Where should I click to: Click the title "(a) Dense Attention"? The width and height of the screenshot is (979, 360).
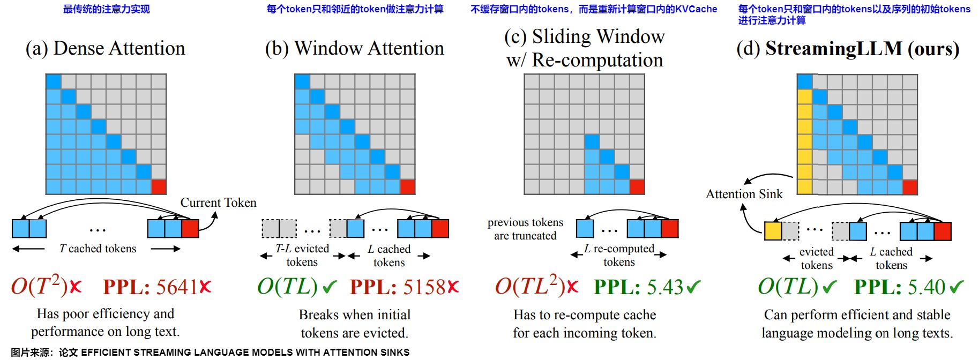click(105, 48)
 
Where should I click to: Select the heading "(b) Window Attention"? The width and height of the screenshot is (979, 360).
click(354, 48)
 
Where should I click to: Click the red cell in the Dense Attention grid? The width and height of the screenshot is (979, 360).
click(159, 187)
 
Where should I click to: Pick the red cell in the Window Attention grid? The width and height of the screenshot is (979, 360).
click(408, 187)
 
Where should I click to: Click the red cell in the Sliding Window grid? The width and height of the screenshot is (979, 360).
click(637, 187)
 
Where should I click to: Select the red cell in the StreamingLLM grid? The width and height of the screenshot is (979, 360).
click(910, 187)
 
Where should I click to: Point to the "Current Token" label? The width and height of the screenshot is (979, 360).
click(218, 202)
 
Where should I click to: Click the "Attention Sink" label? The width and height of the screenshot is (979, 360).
click(744, 194)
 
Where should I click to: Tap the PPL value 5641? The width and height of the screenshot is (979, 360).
click(177, 287)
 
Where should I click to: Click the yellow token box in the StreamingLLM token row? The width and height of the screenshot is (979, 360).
click(773, 231)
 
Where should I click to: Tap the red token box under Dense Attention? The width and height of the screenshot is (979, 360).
click(190, 228)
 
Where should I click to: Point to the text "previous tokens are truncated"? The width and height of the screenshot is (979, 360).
click(525, 229)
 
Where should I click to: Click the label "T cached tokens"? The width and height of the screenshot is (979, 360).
click(98, 249)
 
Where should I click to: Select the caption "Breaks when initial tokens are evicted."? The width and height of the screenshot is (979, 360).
click(354, 324)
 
